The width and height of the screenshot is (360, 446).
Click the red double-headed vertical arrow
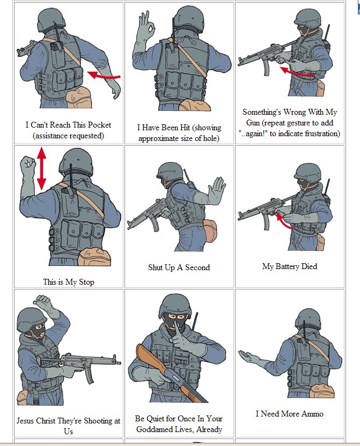pyautogui.click(x=41, y=168)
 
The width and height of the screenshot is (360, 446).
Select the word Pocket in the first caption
pyautogui.click(x=99, y=125)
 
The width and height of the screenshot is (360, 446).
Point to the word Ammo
pyautogui.click(x=312, y=414)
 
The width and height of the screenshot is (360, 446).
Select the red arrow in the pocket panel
pyautogui.click(x=104, y=76)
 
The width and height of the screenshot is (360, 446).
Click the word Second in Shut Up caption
pyautogui.click(x=197, y=267)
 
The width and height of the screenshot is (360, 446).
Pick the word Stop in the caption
pyautogui.click(x=86, y=282)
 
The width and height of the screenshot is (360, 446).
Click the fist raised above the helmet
pyautogui.click(x=43, y=300)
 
